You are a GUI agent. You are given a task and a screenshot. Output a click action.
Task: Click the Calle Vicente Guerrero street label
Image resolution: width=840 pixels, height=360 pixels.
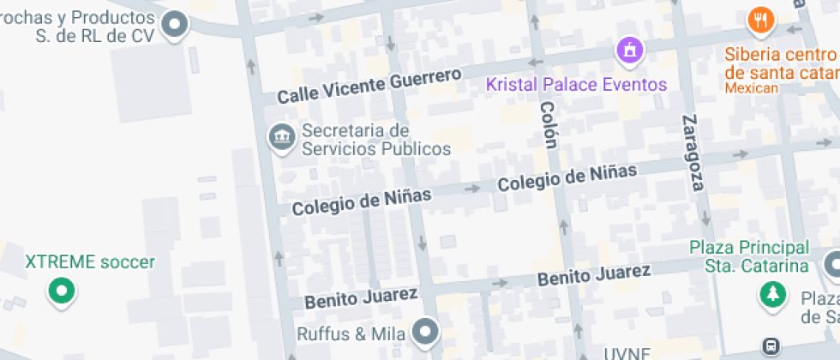(369, 87)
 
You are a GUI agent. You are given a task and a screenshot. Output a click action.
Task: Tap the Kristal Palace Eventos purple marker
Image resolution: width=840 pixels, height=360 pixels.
(630, 50)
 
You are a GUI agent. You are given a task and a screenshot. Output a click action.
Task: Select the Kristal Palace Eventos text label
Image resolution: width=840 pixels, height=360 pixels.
(576, 84)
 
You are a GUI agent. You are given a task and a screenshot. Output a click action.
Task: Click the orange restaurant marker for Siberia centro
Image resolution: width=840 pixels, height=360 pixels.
(759, 20)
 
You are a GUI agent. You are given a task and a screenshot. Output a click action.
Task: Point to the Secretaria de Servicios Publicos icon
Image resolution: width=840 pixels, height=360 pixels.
(281, 137)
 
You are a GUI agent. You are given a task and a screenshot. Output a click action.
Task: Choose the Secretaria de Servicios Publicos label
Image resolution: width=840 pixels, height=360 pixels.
(376, 140)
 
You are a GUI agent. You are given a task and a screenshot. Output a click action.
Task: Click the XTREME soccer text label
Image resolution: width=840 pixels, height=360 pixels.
(90, 261)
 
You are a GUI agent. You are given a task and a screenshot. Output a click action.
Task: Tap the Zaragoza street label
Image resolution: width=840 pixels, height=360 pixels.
(693, 152)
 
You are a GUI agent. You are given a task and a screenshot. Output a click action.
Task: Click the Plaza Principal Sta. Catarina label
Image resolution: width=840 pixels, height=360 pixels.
(750, 256)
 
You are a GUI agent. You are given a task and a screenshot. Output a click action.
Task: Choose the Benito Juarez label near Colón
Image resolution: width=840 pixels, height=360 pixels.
(593, 276)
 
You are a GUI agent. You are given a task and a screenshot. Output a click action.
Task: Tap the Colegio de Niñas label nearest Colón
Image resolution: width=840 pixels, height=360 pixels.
(567, 177)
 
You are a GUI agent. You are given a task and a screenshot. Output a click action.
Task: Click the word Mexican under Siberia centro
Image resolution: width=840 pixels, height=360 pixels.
(751, 87)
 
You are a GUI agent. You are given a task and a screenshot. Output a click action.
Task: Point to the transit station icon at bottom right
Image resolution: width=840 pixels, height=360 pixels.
(771, 346)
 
